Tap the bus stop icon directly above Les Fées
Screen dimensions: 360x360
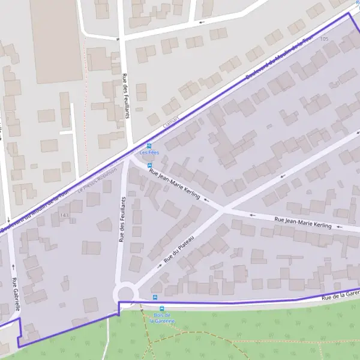click(x=149, y=146)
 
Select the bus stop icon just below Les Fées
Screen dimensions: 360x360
click(x=149, y=166)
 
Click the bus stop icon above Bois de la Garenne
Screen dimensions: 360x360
click(x=156, y=297)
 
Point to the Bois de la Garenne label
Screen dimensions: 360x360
click(x=163, y=318)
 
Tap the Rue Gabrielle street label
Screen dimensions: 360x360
click(x=14, y=295)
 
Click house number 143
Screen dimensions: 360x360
click(x=64, y=215)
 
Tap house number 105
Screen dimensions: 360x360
click(x=325, y=39)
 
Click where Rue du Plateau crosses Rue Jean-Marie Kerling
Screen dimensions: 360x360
click(x=223, y=209)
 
